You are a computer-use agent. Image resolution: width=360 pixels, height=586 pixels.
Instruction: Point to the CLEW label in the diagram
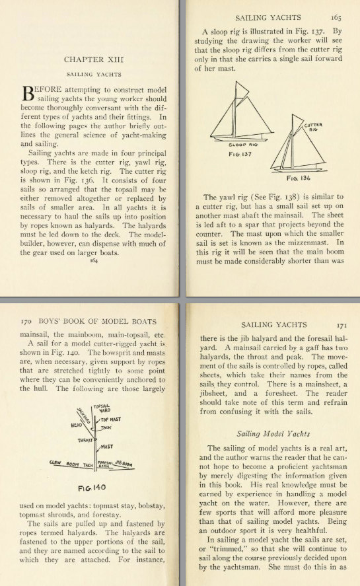point(56,462)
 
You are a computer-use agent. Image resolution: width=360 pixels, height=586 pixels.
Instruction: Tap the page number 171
point(341,324)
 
